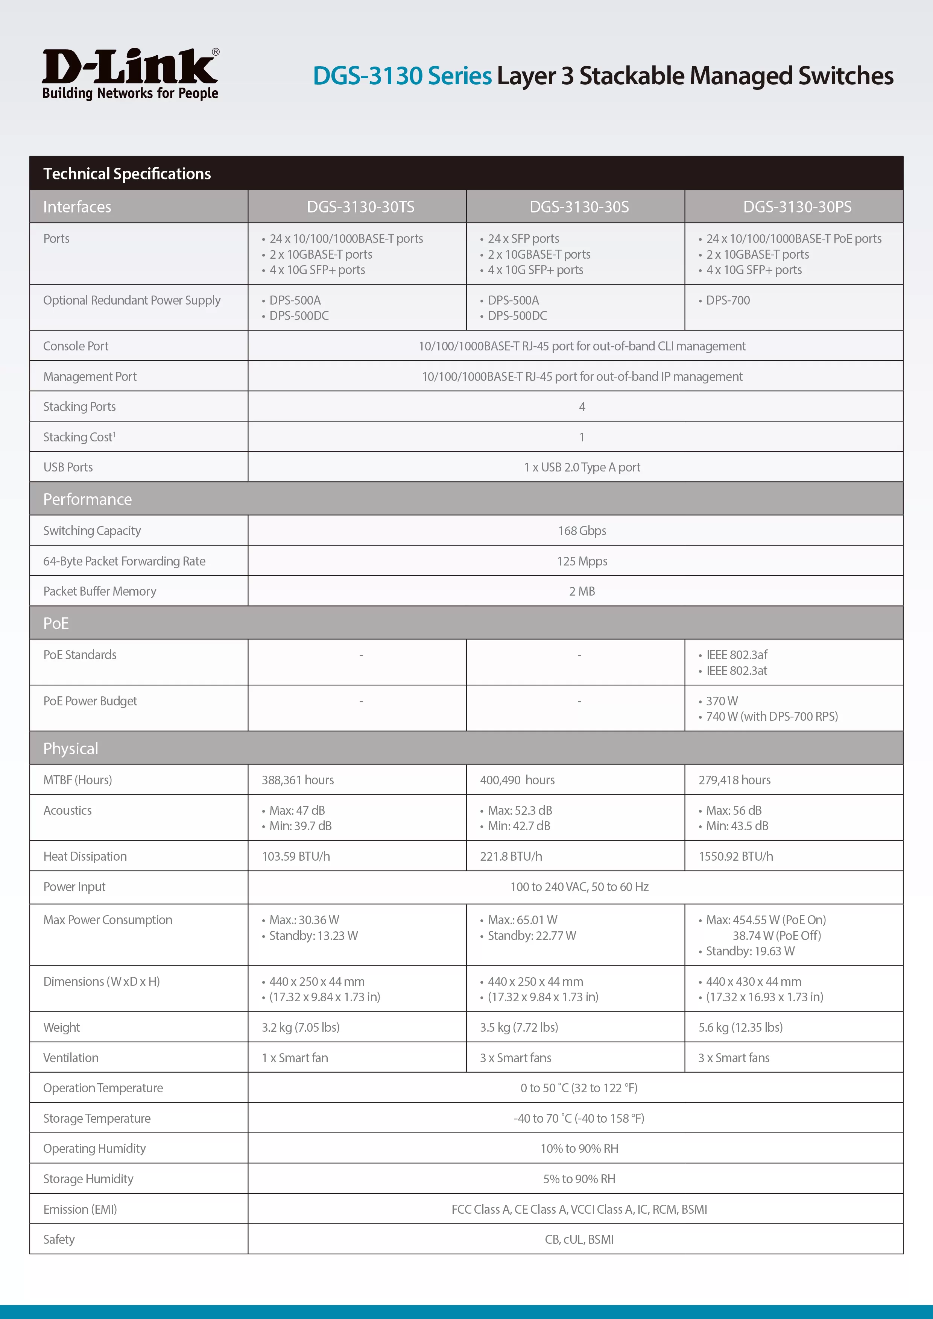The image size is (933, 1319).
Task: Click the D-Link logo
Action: click(x=131, y=74)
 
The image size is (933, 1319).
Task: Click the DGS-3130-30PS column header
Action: click(x=797, y=207)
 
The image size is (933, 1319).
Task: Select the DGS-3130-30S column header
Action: click(x=579, y=207)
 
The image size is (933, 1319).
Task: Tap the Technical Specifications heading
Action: click(x=127, y=173)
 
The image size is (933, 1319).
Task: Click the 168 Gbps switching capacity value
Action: click(x=582, y=531)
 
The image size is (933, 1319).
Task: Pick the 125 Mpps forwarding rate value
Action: click(x=582, y=561)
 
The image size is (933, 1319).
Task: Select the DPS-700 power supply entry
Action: click(x=728, y=300)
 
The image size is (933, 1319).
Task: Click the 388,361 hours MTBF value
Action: click(x=298, y=780)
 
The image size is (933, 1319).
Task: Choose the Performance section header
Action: click(x=87, y=499)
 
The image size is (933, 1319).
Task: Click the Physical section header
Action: click(x=71, y=749)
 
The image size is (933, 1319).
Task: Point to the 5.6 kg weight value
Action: click(x=740, y=1027)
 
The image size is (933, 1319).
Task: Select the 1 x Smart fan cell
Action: click(x=295, y=1058)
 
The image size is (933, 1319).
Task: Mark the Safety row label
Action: click(x=59, y=1239)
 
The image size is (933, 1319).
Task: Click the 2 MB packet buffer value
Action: click(x=582, y=591)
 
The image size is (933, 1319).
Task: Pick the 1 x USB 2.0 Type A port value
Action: click(x=582, y=467)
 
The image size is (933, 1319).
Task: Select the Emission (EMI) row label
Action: click(x=80, y=1209)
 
